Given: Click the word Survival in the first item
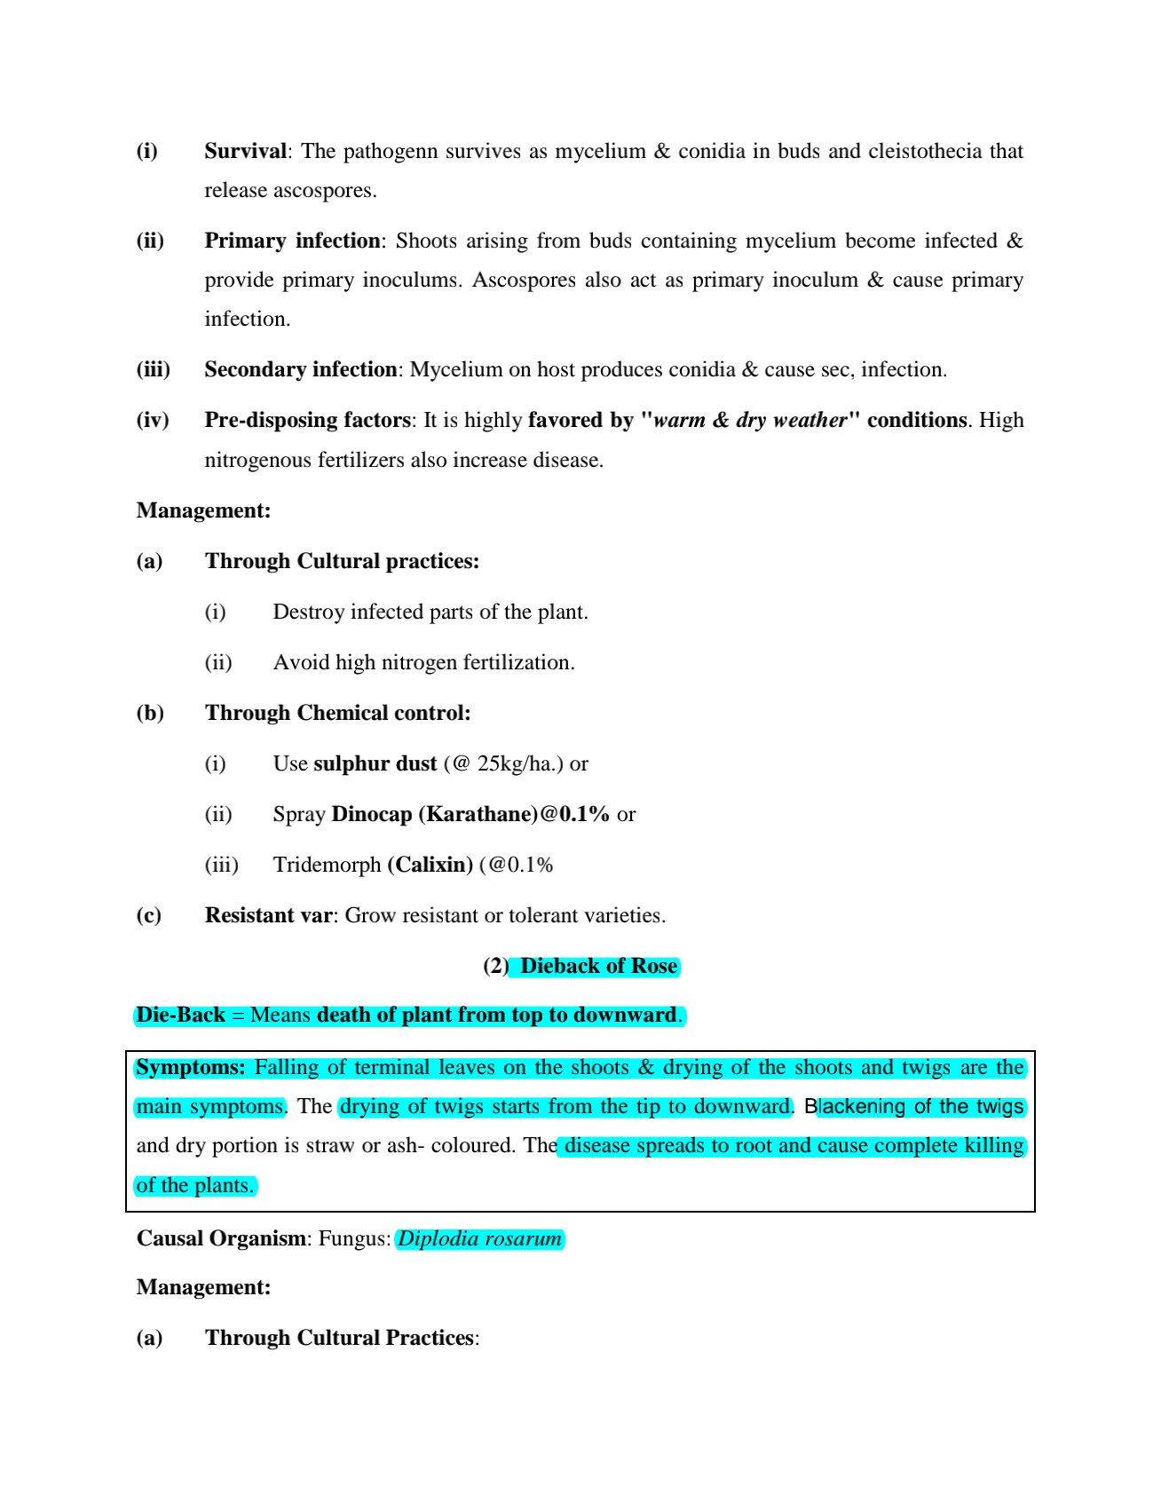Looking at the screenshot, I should [245, 151].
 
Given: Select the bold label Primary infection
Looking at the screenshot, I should [292, 241].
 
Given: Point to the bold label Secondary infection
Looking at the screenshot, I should [300, 369].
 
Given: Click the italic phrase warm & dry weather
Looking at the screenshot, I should [750, 420].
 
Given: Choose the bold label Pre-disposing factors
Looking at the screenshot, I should [307, 420].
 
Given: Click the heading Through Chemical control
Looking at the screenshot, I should [337, 713].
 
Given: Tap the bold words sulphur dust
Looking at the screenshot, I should [375, 763].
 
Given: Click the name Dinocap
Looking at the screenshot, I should [371, 814].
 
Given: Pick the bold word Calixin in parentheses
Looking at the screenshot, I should [430, 865].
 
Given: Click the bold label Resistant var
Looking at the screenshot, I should [269, 915].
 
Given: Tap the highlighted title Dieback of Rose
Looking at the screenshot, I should [598, 966].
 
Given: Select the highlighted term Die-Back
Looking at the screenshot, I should [180, 1015].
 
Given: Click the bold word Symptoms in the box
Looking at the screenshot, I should [190, 1067].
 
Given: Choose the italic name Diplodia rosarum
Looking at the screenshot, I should [479, 1238].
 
